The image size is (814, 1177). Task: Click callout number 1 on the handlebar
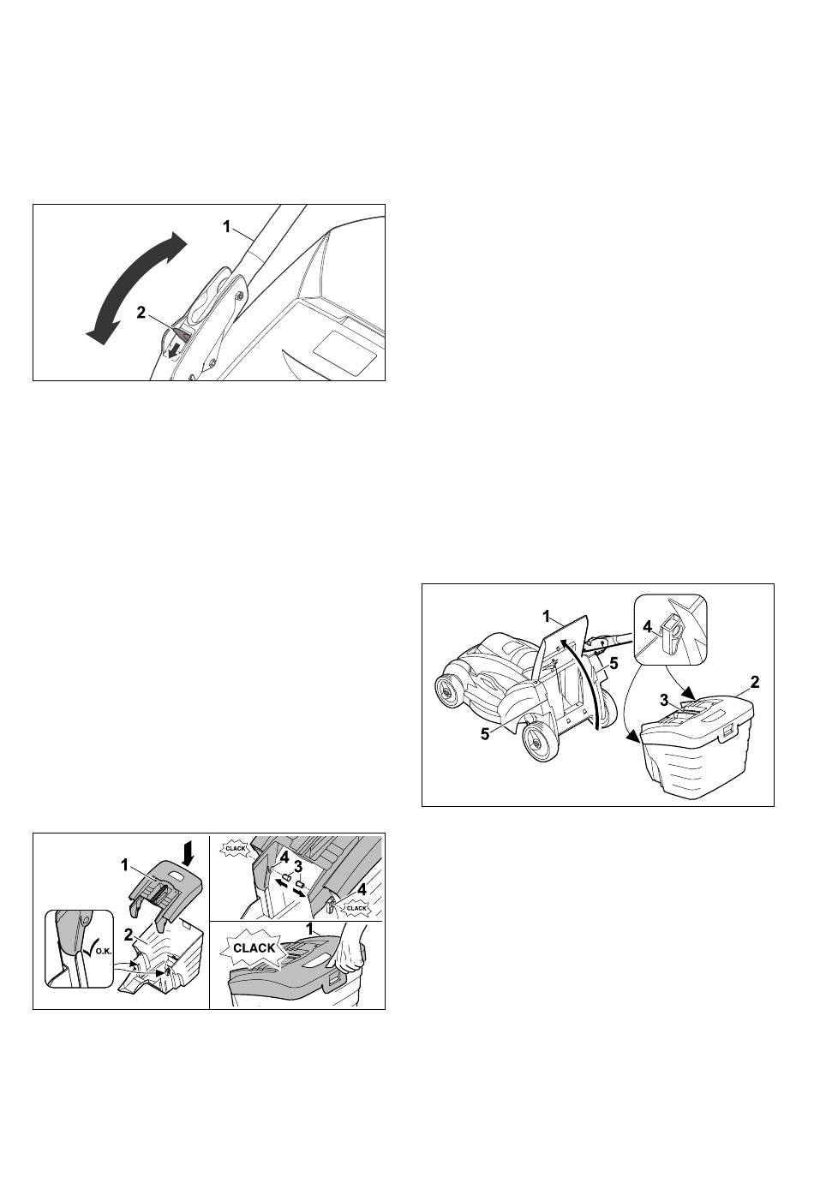pyautogui.click(x=226, y=227)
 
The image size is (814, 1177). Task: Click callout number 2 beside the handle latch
pyautogui.click(x=141, y=312)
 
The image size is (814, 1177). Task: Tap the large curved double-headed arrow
pyautogui.click(x=135, y=289)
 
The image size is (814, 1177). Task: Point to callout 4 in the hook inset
pyautogui.click(x=648, y=627)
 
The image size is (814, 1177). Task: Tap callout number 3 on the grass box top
pyautogui.click(x=665, y=700)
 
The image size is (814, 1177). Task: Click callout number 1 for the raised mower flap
pyautogui.click(x=547, y=617)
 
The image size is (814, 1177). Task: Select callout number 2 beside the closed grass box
pyautogui.click(x=755, y=683)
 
